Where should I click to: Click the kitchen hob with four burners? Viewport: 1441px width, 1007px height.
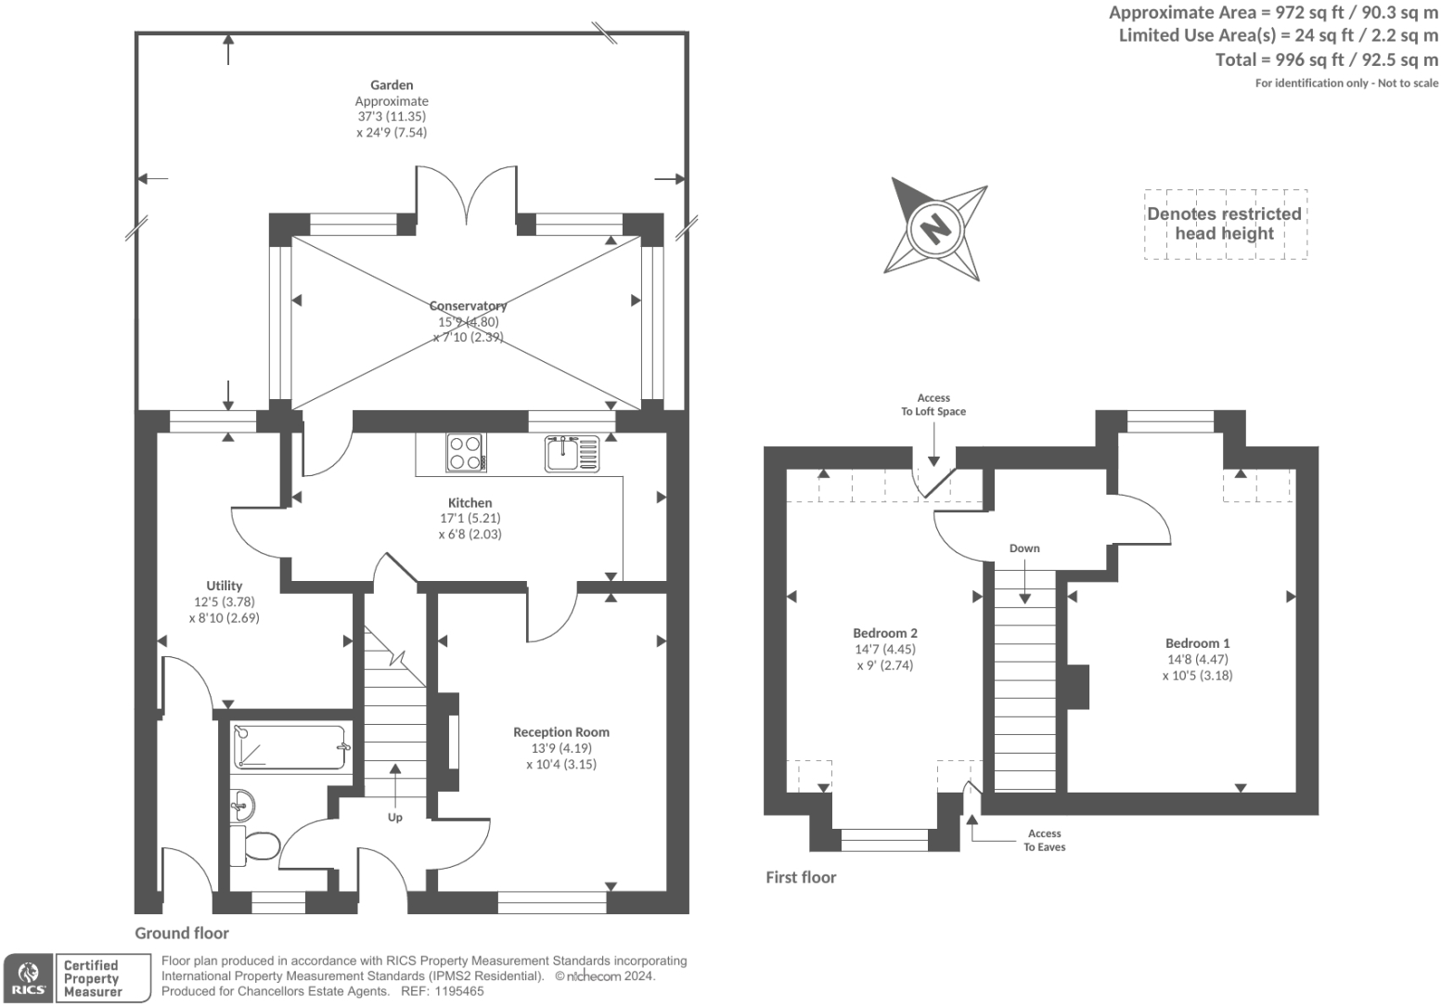(466, 452)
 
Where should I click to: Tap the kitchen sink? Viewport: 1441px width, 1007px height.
(572, 454)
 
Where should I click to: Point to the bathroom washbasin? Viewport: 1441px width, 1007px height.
(242, 805)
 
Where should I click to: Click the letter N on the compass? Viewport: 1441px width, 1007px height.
(934, 228)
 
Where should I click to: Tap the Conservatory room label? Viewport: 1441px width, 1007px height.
(468, 305)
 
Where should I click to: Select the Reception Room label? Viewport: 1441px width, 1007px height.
(561, 731)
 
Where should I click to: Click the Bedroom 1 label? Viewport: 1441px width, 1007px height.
(1197, 643)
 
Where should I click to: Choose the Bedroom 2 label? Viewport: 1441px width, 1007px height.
(884, 633)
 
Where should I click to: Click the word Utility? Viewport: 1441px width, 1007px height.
(224, 586)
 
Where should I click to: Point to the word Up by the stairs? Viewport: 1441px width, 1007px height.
(395, 817)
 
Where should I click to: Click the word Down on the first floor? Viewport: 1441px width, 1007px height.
(1024, 549)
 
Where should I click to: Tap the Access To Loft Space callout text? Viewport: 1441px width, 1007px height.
(933, 405)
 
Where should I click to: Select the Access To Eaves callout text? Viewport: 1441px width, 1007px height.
(1044, 840)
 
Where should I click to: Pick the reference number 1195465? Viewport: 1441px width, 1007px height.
(458, 991)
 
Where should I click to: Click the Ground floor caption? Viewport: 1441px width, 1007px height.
(182, 933)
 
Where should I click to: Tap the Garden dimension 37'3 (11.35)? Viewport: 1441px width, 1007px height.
(392, 116)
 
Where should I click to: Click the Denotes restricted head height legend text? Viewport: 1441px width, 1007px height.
(1224, 224)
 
